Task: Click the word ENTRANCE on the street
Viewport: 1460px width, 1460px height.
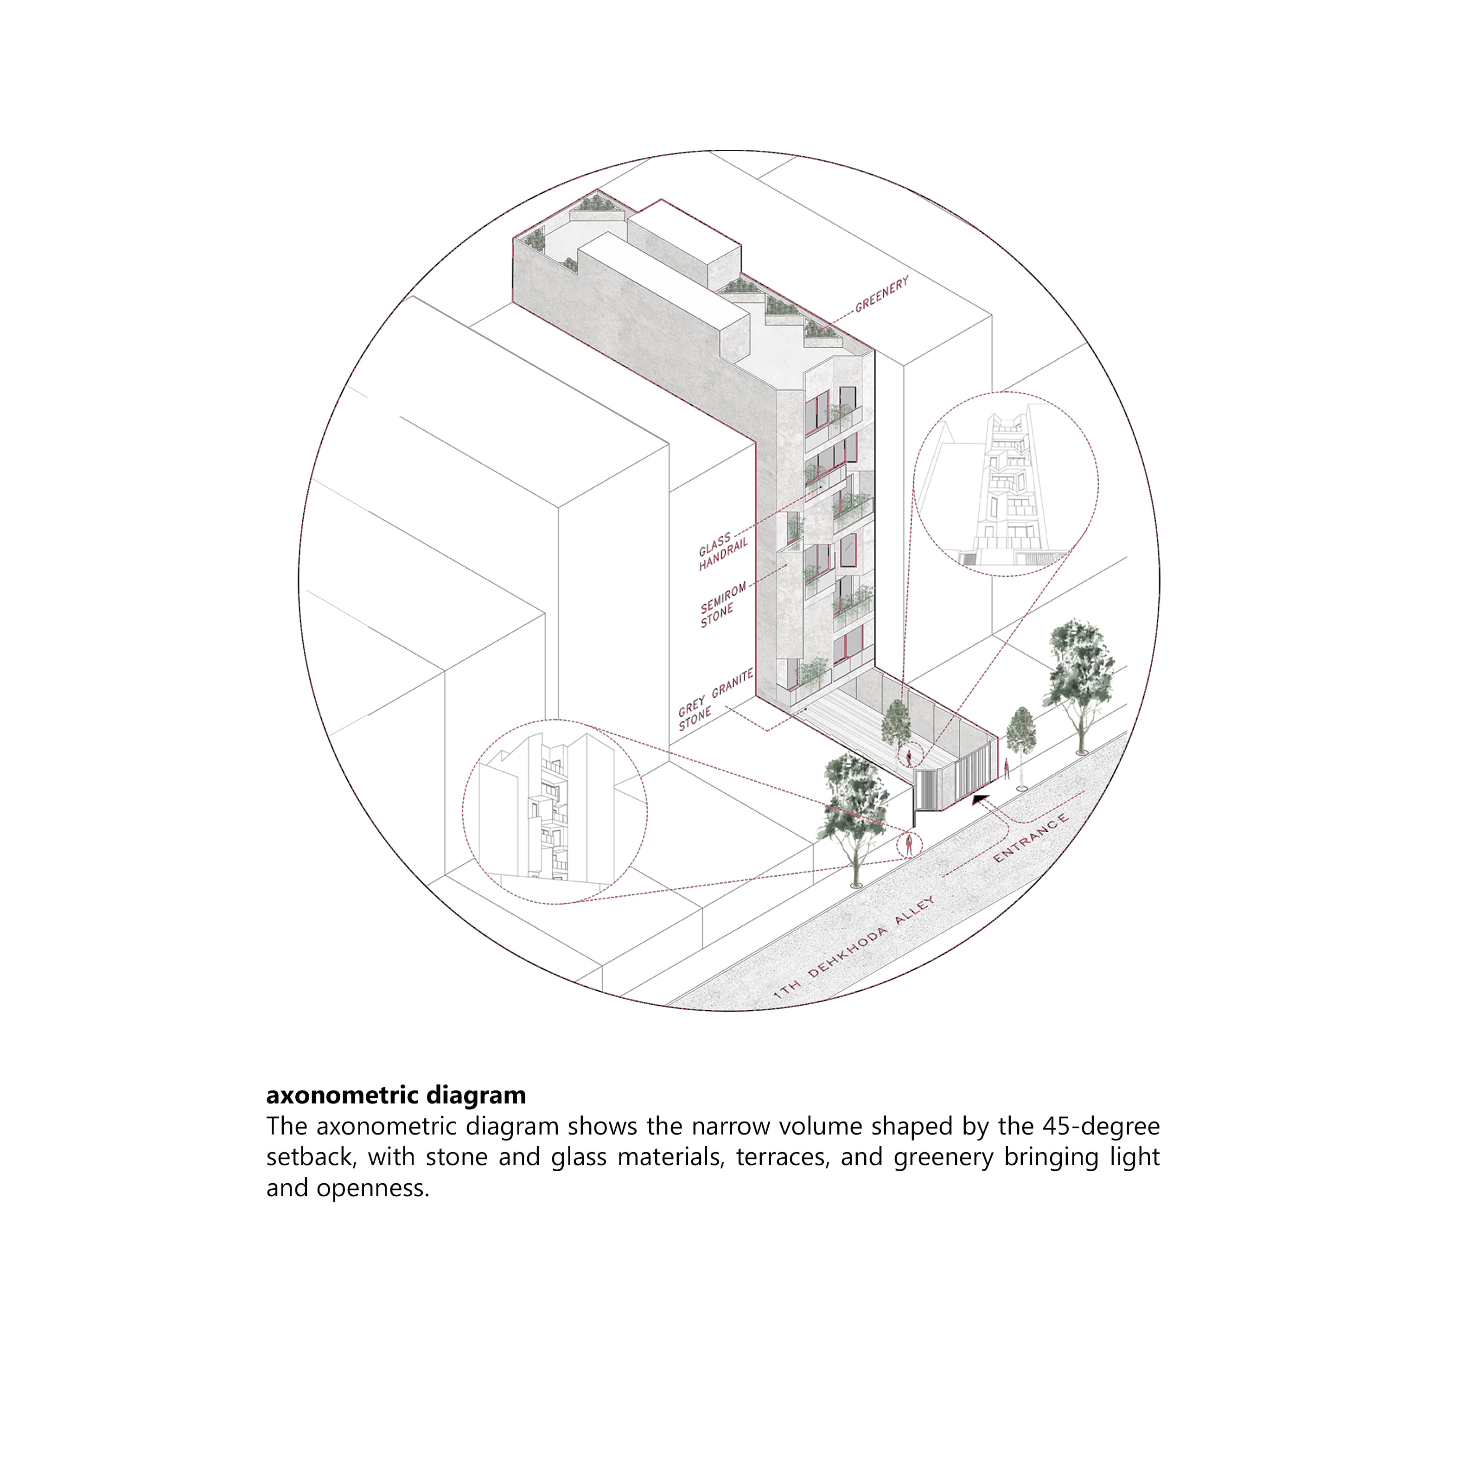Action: tap(1031, 838)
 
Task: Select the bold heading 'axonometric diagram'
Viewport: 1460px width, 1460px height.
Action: tap(396, 1095)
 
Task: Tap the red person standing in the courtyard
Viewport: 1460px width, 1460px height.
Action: tap(909, 756)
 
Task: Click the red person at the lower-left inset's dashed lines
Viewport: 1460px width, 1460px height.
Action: tap(910, 844)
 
